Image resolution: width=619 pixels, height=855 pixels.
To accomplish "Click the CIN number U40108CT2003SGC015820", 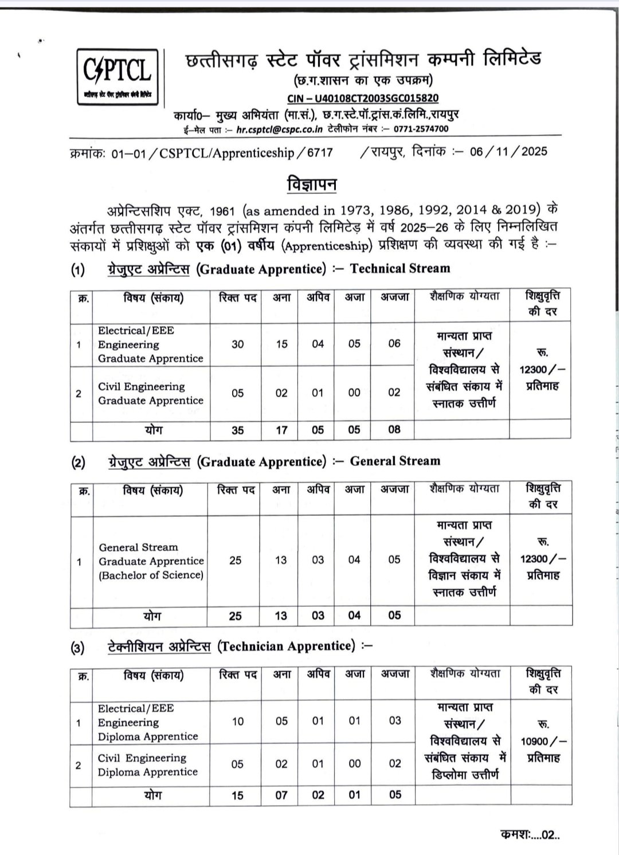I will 363,99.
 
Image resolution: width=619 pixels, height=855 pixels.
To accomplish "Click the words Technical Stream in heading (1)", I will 400,268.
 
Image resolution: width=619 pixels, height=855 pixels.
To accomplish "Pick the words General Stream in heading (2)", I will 395,461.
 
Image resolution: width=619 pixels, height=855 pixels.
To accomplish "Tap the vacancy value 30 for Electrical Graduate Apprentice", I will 237,344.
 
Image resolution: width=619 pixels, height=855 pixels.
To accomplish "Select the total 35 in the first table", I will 237,430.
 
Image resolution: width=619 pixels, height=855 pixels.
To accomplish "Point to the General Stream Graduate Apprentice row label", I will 151,561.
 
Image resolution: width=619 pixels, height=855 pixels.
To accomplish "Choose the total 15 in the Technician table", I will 237,795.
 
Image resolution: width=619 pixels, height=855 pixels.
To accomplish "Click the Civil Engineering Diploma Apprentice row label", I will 147,765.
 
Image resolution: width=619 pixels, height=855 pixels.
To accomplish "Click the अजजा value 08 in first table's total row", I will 394,429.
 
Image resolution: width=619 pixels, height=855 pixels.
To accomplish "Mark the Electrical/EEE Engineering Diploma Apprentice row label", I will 147,722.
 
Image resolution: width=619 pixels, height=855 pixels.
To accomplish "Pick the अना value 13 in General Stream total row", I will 281,615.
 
